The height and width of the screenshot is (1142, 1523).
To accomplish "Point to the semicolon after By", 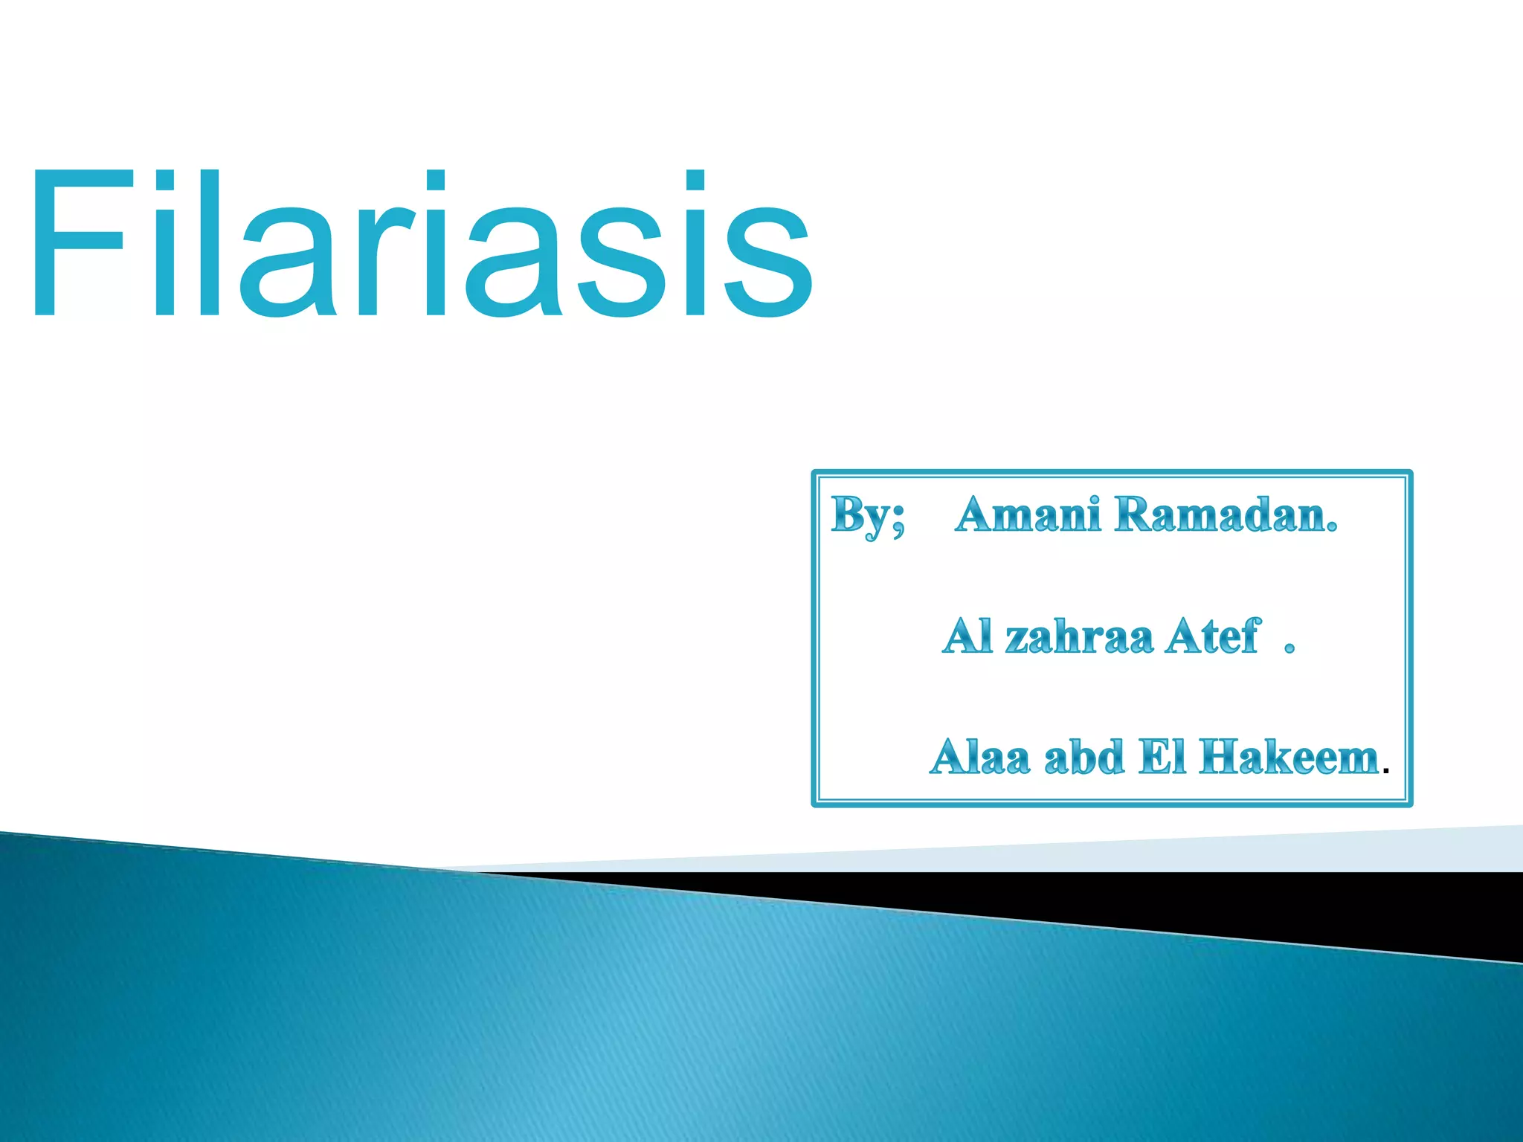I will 898,519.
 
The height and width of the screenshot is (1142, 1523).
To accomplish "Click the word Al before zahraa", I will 967,636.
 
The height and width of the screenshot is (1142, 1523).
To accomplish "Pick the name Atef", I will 1213,636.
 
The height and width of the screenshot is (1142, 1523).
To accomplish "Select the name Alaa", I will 980,757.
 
